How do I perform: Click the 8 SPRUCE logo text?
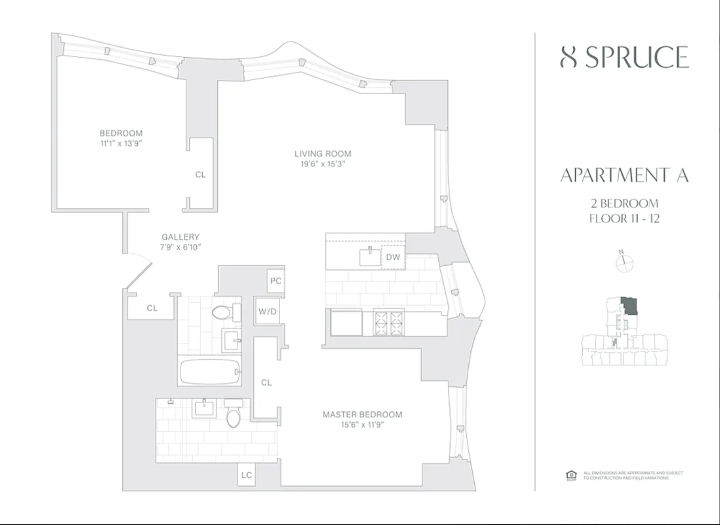624,57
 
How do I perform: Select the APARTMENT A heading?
624,175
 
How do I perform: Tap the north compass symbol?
624,262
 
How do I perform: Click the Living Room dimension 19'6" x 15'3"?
323,164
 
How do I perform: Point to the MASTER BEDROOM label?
362,414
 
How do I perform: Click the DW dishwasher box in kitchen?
393,257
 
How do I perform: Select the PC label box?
276,281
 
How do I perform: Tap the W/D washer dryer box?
267,311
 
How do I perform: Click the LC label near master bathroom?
247,475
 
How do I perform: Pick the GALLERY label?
180,237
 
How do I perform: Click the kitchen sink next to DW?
370,256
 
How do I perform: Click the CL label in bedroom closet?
200,174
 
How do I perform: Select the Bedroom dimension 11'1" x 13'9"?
121,143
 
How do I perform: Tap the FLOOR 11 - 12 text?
624,218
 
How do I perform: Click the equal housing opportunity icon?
571,475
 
